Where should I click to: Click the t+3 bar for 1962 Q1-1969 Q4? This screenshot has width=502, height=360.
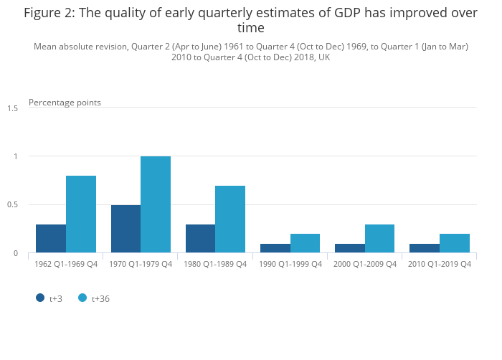(51, 238)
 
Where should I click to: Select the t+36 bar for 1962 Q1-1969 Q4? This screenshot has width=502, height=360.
(81, 214)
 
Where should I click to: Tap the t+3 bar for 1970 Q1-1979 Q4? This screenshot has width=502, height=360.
(126, 229)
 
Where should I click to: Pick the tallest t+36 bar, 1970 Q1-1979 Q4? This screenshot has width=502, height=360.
(156, 204)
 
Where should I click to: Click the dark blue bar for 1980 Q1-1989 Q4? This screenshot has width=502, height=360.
(200, 238)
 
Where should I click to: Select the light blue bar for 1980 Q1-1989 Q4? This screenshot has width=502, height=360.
(230, 219)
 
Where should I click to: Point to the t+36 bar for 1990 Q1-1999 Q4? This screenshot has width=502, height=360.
(305, 243)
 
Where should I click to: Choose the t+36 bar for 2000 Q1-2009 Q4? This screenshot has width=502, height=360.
(379, 238)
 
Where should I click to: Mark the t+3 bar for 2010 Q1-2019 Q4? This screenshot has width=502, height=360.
(425, 248)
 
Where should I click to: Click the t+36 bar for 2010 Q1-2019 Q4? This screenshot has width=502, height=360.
(455, 243)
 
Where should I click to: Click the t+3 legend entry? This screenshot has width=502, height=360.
(49, 298)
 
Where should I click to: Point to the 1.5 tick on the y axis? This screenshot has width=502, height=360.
(13, 108)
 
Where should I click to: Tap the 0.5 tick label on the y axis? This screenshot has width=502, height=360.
(13, 205)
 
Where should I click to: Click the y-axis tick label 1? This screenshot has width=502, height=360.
(15, 156)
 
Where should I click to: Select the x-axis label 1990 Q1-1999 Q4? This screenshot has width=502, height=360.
(290, 264)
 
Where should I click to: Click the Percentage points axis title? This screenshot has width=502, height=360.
(65, 103)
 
